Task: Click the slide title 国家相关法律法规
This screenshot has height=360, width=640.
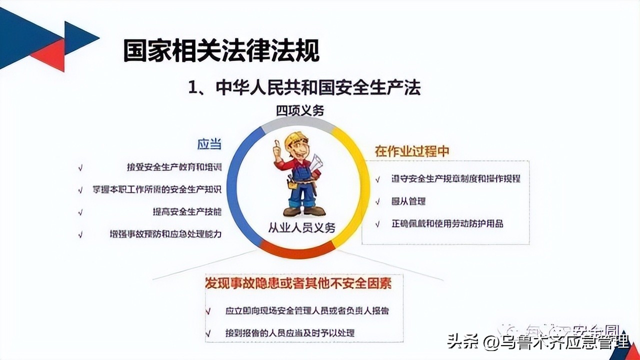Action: click(221, 51)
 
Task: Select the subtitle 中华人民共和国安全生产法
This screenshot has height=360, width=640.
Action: click(304, 87)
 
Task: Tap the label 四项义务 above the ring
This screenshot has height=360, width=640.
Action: click(300, 110)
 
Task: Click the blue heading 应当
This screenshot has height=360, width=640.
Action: click(209, 144)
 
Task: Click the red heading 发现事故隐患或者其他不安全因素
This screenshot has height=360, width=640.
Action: click(298, 283)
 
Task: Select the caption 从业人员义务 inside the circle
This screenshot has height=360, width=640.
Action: click(301, 228)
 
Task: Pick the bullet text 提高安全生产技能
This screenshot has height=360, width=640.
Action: click(187, 211)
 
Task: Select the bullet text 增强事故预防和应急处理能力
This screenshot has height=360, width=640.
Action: click(165, 233)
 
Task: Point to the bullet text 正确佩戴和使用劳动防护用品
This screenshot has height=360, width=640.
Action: click(447, 223)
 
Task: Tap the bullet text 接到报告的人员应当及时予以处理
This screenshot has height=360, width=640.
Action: click(290, 332)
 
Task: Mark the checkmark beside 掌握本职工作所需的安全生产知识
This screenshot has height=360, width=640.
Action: click(80, 190)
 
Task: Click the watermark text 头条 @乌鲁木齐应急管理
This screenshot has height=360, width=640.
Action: click(537, 342)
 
